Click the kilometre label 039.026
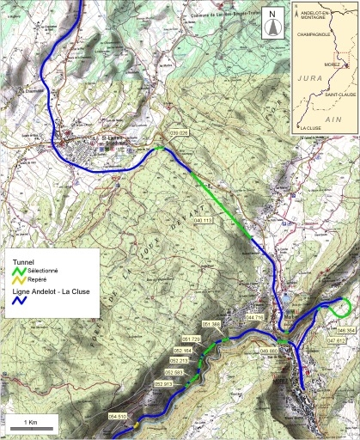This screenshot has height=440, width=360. pyautogui.click(x=178, y=133)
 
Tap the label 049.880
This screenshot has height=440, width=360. pyautogui.click(x=268, y=351)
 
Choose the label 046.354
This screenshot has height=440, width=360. pyautogui.click(x=345, y=330)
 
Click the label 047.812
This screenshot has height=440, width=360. pyautogui.click(x=336, y=341)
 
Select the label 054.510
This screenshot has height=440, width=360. pyautogui.click(x=118, y=416)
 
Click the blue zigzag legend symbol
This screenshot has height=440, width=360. pyautogui.click(x=18, y=302)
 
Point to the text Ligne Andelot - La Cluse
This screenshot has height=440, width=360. pyautogui.click(x=52, y=292)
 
